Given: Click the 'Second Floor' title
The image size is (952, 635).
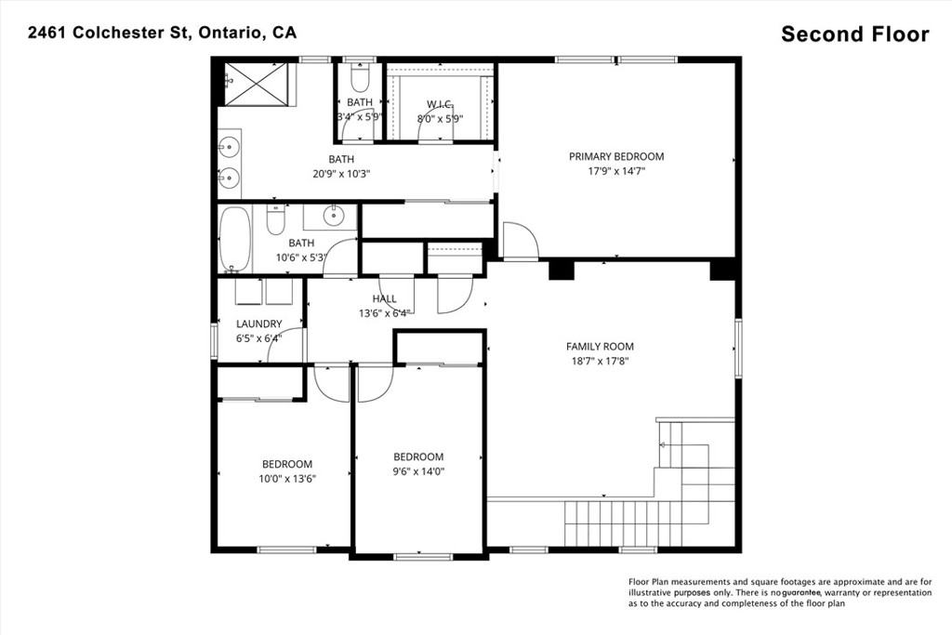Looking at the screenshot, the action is pos(855,34).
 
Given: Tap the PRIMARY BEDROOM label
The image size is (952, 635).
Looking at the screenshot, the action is pos(616,156).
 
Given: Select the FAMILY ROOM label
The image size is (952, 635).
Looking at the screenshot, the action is pos(600,347).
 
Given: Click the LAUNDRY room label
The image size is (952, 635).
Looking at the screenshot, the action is pos(259,324).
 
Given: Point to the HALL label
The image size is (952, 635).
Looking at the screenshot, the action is pos(384,298).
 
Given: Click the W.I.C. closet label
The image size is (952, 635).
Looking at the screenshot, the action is pos(440,104).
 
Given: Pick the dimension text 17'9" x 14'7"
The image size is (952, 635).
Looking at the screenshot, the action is pos(616,171).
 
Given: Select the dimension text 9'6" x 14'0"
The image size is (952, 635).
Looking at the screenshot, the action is pos(419,471).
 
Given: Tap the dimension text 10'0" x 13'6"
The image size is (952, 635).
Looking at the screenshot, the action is pos(287,479).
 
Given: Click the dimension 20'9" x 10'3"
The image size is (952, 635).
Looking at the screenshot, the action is pos(341,174).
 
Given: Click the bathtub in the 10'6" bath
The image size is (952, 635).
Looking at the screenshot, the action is pos(234,240).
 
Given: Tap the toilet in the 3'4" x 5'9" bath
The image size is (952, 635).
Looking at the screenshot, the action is pos(360,77).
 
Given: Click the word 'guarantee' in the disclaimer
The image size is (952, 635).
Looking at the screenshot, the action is pos(800,592).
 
